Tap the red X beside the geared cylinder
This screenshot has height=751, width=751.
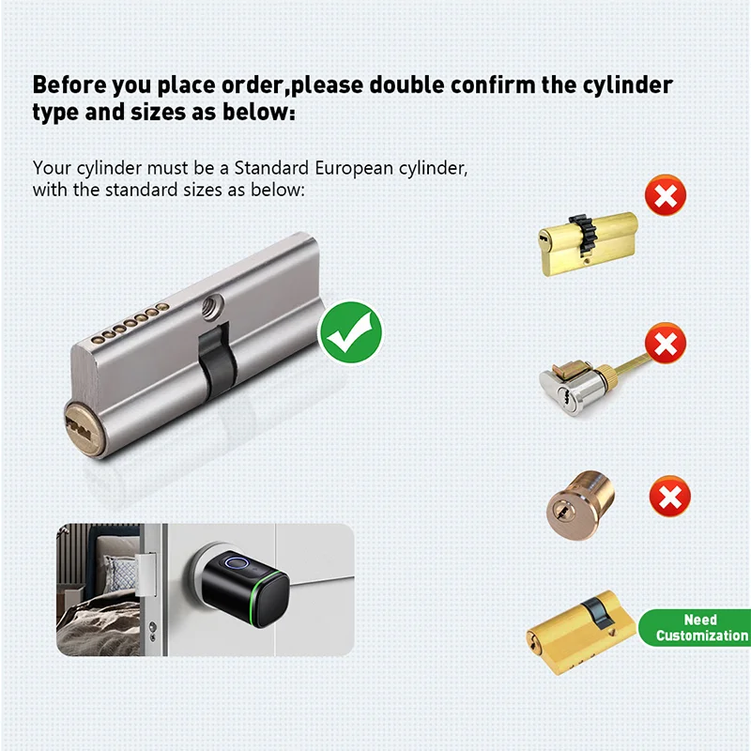click(665, 196)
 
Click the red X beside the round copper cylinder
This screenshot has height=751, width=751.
click(670, 496)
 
